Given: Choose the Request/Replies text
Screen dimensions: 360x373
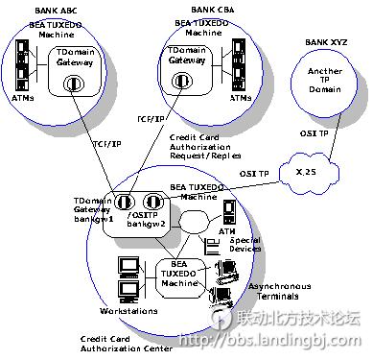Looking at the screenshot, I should (x=205, y=155).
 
